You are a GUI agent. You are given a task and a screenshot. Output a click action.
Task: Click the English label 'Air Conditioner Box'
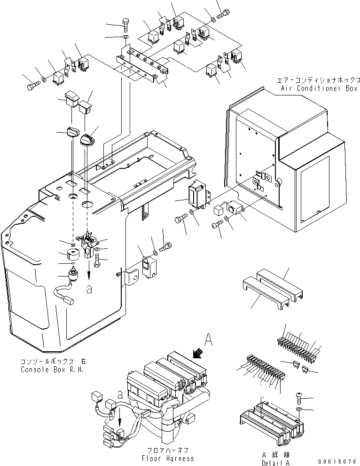point(318,88)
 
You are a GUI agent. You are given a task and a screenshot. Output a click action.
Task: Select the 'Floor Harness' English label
point(167,458)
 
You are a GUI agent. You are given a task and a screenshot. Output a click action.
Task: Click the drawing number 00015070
point(337,461)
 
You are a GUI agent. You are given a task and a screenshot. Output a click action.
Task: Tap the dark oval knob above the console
point(87,140)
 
